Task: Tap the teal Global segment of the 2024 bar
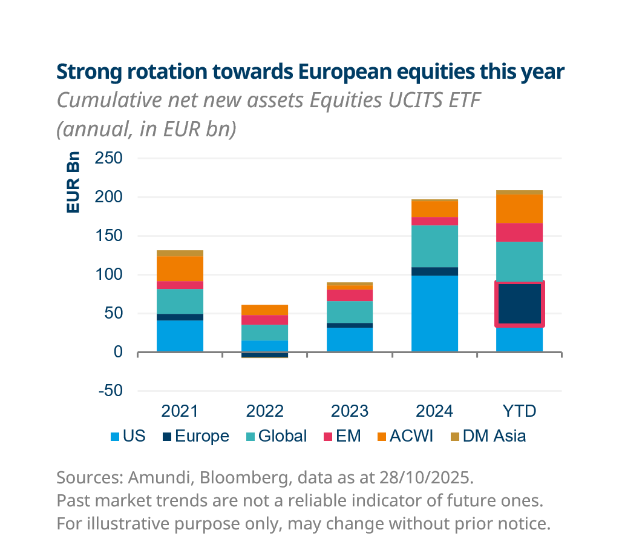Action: point(434,246)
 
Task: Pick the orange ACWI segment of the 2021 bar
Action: point(180,268)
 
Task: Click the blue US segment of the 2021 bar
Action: point(180,336)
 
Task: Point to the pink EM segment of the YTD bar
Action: point(520,232)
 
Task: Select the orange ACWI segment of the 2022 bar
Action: point(265,310)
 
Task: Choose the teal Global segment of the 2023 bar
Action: point(350,312)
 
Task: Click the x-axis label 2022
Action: point(265,411)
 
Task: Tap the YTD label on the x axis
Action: point(520,411)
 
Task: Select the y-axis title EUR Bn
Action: point(73,182)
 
